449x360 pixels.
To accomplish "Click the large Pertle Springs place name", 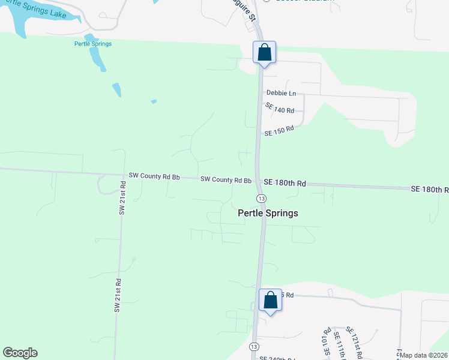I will (268, 213).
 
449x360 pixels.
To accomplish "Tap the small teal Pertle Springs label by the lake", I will (93, 44).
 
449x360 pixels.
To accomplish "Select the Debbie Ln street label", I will (282, 94).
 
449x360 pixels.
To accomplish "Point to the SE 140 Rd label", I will (280, 109).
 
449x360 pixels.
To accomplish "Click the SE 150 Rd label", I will (279, 130).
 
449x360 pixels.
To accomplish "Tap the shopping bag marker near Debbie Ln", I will (265, 53).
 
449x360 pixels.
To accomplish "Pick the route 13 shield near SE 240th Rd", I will (255, 347).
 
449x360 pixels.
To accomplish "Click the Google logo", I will (20, 353).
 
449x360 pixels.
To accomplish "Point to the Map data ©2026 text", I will (424, 355).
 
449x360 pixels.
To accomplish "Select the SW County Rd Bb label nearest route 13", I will (226, 179).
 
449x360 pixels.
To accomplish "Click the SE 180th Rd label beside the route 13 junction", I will (285, 183).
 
